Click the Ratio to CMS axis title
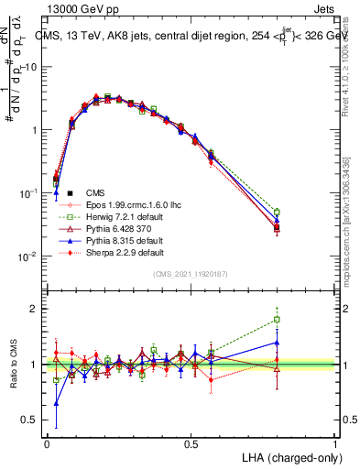pyautogui.click(x=15, y=365)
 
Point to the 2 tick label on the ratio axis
pyautogui.click(x=33, y=309)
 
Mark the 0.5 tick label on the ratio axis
pyautogui.click(x=28, y=420)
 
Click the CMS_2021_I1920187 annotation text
pyautogui.click(x=191, y=274)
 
